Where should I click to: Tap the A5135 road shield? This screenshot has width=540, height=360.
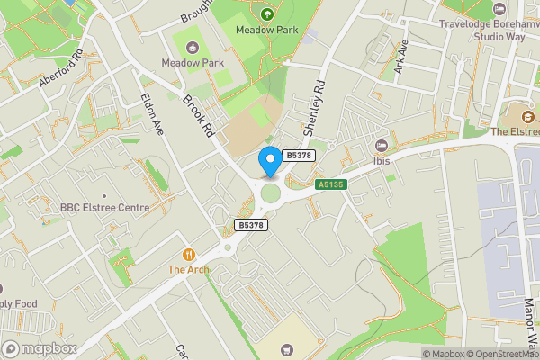point(331,184)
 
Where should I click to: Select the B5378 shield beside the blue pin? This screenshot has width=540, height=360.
point(299,156)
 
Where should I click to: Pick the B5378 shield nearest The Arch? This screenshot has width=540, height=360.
point(250,224)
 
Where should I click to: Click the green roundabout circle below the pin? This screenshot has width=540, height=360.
point(270,193)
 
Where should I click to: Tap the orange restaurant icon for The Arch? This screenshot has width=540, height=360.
point(189,255)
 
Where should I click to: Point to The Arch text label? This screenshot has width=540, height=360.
point(189,269)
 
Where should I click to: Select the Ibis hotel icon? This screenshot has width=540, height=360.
point(382,146)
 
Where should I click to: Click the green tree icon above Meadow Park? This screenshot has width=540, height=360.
point(266,13)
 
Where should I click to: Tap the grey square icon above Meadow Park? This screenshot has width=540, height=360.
point(190,45)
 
